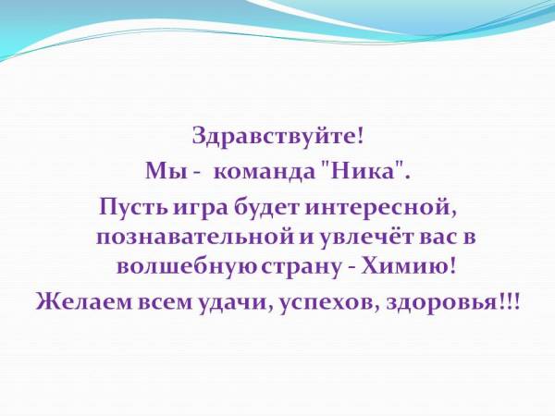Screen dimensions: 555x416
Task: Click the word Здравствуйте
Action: [275, 136]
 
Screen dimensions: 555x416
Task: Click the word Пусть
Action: [132, 208]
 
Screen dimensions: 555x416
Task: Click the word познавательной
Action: [196, 238]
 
